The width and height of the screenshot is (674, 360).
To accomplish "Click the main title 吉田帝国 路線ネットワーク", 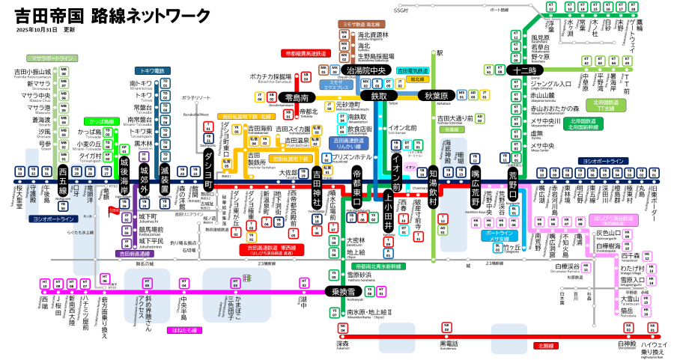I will coord(112,16).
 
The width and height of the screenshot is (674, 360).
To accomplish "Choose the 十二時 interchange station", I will coord(520,70).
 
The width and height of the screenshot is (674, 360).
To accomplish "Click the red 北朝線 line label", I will coord(545,347).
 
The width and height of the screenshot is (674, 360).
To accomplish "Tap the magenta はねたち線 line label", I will coord(184,329).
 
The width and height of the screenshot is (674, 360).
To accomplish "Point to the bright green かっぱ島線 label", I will coord(101,120).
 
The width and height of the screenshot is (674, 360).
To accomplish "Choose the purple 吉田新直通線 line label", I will coord(136,254).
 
